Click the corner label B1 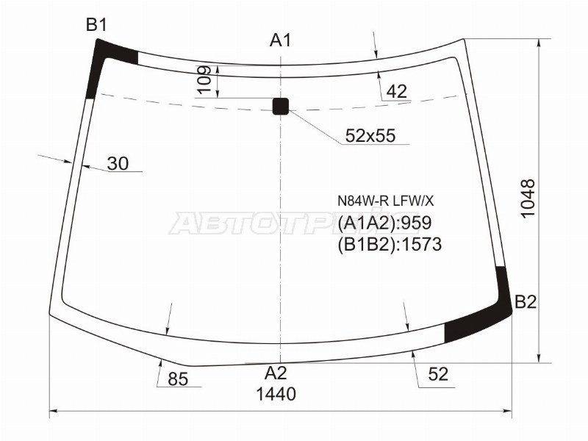[x=96, y=25]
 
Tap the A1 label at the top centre [x=280, y=40]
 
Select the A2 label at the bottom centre [x=276, y=373]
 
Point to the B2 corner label [x=526, y=301]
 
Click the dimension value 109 [x=204, y=81]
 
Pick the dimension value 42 [x=397, y=91]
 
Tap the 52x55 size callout [x=370, y=135]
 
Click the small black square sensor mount [x=281, y=106]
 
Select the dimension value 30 [x=118, y=163]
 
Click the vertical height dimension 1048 [x=528, y=198]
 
